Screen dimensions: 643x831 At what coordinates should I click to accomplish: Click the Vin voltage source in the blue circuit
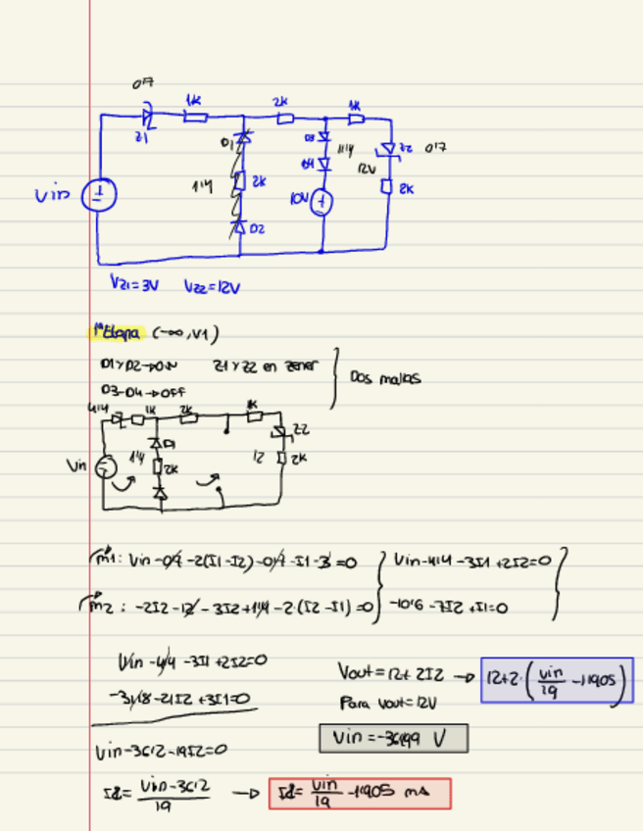98,195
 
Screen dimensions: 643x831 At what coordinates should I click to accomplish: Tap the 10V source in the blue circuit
322,203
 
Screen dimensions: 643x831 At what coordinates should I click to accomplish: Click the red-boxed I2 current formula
360,793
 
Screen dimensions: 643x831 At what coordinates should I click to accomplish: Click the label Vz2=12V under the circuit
211,287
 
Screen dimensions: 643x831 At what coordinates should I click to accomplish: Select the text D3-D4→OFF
143,390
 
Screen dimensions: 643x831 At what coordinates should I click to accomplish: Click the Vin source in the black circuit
105,465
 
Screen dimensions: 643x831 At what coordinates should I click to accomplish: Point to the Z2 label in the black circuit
302,428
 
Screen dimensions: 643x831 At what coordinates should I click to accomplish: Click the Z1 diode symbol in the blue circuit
149,117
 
